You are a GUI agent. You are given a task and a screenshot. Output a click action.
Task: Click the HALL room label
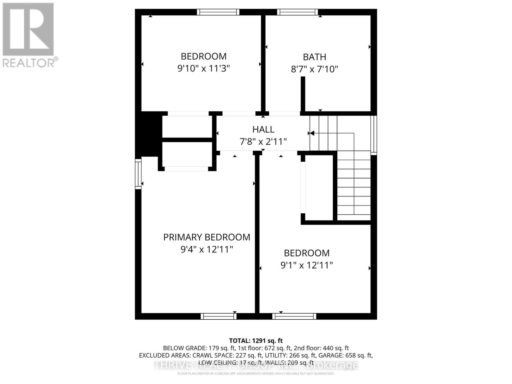click(x=263, y=129)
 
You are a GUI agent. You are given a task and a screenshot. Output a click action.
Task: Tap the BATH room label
click(x=314, y=57)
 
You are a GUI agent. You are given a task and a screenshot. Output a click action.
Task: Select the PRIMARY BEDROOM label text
click(x=206, y=237)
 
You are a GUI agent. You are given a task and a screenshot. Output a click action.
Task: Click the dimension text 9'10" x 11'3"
click(x=204, y=68)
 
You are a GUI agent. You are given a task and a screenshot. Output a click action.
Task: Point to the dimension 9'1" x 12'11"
click(x=307, y=265)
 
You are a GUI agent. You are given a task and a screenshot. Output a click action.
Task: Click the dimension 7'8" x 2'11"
click(x=263, y=141)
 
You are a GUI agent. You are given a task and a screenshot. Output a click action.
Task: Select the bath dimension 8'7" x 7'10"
click(x=314, y=69)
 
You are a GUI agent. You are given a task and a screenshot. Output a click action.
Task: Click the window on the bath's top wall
click(x=297, y=12)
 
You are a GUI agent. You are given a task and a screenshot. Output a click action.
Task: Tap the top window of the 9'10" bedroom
click(x=218, y=12)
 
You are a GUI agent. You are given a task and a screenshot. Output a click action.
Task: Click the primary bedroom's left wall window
click(x=138, y=174)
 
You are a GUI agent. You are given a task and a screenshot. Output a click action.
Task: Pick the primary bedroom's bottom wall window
click(x=219, y=316)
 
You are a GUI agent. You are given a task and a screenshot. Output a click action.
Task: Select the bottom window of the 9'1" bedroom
click(x=294, y=316)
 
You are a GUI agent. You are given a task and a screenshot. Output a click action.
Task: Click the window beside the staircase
click(x=373, y=135)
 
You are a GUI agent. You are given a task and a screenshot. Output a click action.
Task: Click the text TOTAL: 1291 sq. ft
click(x=256, y=341)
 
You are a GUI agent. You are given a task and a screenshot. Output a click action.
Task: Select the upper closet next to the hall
click(x=187, y=127)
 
